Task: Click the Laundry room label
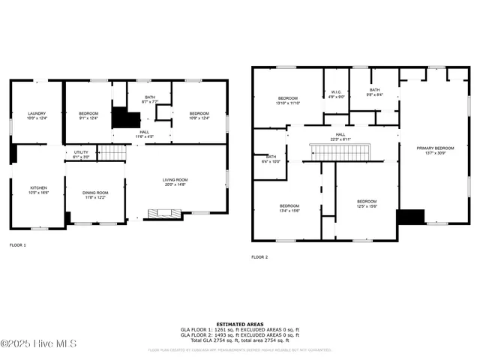(37, 116)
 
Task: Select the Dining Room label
(95, 195)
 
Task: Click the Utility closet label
(81, 154)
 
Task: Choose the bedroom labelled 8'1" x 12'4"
(88, 116)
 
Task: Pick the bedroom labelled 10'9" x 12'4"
(199, 116)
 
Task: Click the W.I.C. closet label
(337, 94)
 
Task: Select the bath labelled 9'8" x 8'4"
(374, 92)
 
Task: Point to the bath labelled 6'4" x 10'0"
(271, 159)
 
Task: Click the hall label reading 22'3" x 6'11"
(340, 136)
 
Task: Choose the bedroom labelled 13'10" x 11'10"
(289, 101)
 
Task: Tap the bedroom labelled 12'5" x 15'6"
(367, 203)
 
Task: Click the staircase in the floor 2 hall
(341, 152)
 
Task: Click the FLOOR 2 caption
(259, 257)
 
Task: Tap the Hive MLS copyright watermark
(31, 344)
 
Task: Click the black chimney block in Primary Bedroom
(410, 217)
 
